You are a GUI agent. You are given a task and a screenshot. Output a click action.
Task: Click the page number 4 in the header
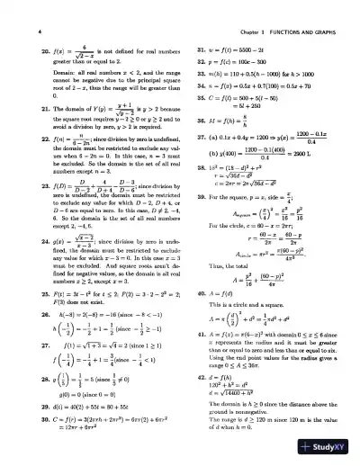[x=20, y=11]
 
